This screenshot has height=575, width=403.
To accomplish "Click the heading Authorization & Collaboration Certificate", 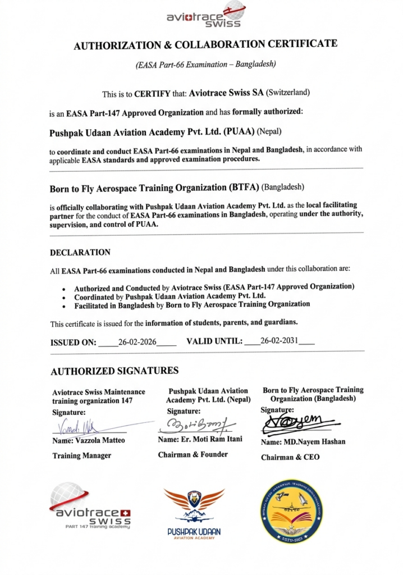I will coord(205,45).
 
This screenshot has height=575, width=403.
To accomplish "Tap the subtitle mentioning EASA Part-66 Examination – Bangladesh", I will coord(205,64).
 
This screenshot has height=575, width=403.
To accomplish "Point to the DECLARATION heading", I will coord(80,253).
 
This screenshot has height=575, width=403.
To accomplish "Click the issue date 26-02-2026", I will coord(138,341).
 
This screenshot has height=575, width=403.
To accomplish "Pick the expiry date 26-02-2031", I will coord(280,341).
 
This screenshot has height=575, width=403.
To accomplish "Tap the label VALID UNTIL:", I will coord(214,341).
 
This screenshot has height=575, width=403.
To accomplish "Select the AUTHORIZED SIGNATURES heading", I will coord(115,371).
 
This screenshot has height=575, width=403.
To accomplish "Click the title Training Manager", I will coord(82,455).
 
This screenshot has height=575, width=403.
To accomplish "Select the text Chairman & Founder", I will coord(193,454).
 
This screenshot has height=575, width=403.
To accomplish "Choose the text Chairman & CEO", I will coord(290,457).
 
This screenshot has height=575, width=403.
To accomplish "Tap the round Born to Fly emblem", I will coord(292,510).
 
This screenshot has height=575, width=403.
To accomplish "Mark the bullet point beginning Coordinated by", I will coord(170,295).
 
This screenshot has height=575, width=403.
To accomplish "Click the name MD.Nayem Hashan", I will coord(303,441).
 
